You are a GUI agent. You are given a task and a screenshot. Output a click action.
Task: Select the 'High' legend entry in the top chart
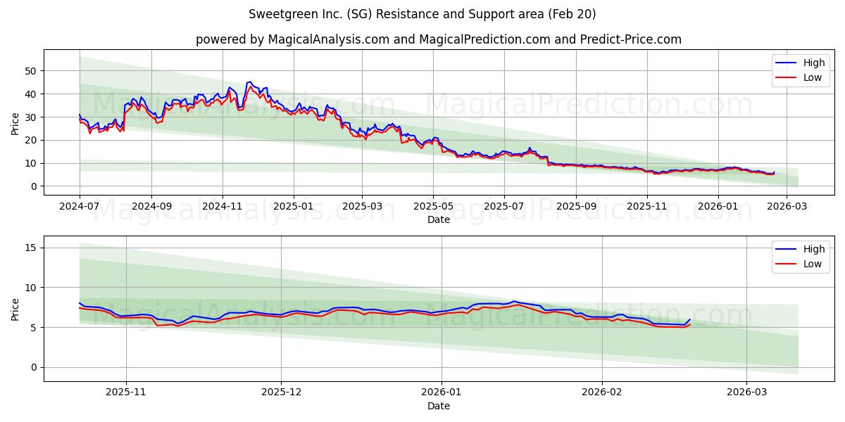coord(803,63)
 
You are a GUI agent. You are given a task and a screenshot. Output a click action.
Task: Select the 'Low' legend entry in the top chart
coord(803,77)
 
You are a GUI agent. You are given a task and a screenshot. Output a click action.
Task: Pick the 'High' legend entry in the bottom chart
coord(803,249)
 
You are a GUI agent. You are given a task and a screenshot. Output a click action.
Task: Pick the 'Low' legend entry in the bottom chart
coord(803,264)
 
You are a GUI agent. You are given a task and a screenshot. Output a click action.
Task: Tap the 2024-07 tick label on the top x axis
coord(80,207)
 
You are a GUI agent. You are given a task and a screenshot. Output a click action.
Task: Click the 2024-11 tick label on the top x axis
coord(223,207)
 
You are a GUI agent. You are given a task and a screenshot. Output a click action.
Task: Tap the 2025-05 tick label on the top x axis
coord(433,207)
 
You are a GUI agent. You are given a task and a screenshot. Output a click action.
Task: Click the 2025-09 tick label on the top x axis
coord(576,207)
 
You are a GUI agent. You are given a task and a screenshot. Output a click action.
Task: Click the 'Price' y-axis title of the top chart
coord(15,124)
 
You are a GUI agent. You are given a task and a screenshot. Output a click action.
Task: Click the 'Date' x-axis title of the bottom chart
coord(438,406)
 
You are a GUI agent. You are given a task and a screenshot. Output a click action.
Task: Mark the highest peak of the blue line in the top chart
coord(249,82)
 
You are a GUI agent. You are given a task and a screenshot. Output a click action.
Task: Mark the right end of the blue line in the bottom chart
coord(690,319)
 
